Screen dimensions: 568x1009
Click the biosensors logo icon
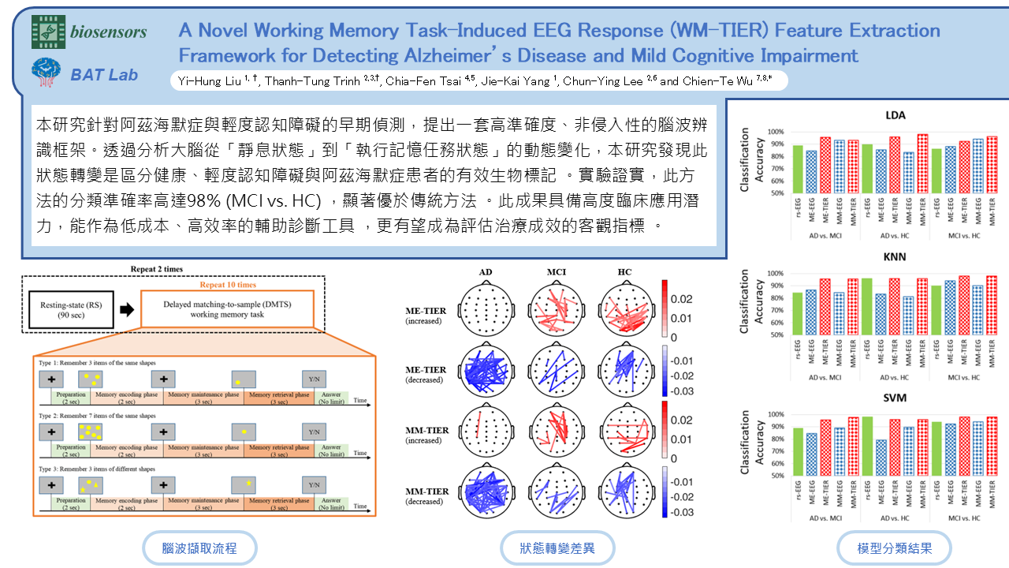pos(47,32)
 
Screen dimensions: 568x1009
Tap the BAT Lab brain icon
pos(46,73)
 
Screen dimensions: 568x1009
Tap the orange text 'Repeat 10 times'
pos(227,285)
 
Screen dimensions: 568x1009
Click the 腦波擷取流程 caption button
pos(199,548)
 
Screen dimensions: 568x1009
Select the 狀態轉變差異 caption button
pos(557,548)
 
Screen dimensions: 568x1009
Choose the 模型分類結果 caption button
pos(894,548)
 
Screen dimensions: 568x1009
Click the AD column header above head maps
pos(486,272)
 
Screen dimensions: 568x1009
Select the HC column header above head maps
pos(624,272)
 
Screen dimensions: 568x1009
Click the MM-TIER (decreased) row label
pos(426,495)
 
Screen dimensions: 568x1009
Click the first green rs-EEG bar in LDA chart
pos(776,169)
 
